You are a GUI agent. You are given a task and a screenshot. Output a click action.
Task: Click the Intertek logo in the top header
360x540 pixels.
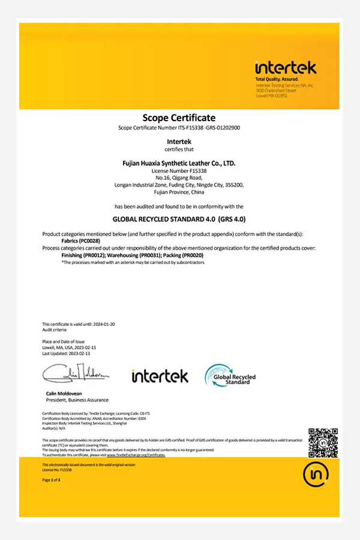pyautogui.click(x=285, y=68)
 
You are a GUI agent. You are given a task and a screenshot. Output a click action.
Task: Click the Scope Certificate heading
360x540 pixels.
pyautogui.click(x=179, y=118)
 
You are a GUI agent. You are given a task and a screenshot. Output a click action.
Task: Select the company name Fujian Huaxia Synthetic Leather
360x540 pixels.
pyautogui.click(x=179, y=163)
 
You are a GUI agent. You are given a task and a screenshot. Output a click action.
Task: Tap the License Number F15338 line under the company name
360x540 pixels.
pyautogui.click(x=179, y=171)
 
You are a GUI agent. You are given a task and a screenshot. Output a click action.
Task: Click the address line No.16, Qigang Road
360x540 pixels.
pyautogui.click(x=179, y=178)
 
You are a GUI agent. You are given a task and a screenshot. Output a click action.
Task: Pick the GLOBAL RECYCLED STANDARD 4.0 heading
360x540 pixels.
pyautogui.click(x=179, y=220)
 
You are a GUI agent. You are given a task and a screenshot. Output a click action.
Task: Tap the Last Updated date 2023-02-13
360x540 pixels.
pyautogui.click(x=74, y=353)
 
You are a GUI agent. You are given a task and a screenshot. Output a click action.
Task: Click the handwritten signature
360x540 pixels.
pyautogui.click(x=76, y=375)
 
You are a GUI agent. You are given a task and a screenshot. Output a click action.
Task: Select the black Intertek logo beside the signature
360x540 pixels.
pyautogui.click(x=160, y=376)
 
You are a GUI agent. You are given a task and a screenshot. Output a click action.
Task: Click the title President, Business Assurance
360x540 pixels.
pyautogui.click(x=77, y=400)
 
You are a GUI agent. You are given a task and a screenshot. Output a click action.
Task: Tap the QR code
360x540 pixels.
pyautogui.click(x=323, y=443)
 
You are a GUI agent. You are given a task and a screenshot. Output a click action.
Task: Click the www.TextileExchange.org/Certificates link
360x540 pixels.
pyautogui.click(x=136, y=455)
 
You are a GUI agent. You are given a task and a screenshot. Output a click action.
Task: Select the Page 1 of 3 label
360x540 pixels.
pyautogui.click(x=51, y=481)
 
